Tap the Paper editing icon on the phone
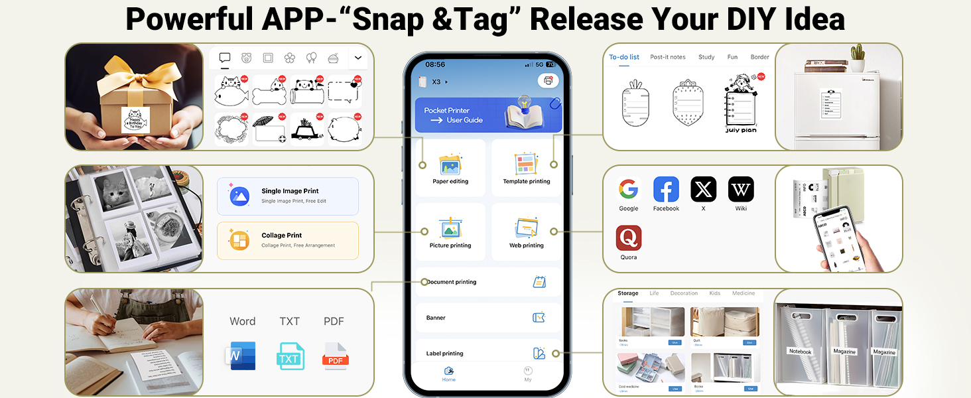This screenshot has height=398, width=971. coord(450,165)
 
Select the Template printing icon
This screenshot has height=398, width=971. coord(526,164)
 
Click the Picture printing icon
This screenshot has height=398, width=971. coord(450,228)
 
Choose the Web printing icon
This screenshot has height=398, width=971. coord(526,228)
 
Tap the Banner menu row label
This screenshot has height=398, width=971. coord(436,318)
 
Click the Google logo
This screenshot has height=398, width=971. coord(628,190)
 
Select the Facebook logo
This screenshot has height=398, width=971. coord(666,190)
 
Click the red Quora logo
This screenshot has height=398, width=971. coord(628,238)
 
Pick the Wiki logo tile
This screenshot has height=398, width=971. coord(741,190)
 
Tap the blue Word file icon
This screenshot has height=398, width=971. coord(239,356)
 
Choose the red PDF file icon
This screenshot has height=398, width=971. coord(335,356)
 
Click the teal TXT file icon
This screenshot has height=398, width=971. coord(290,356)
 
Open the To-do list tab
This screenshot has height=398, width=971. coord(624,57)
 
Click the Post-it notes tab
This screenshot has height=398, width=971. coord(668,57)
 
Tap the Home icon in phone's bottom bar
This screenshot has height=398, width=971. coord(449,372)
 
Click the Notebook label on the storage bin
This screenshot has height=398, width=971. coord(801,351)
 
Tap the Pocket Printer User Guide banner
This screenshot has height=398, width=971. coord(488,115)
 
